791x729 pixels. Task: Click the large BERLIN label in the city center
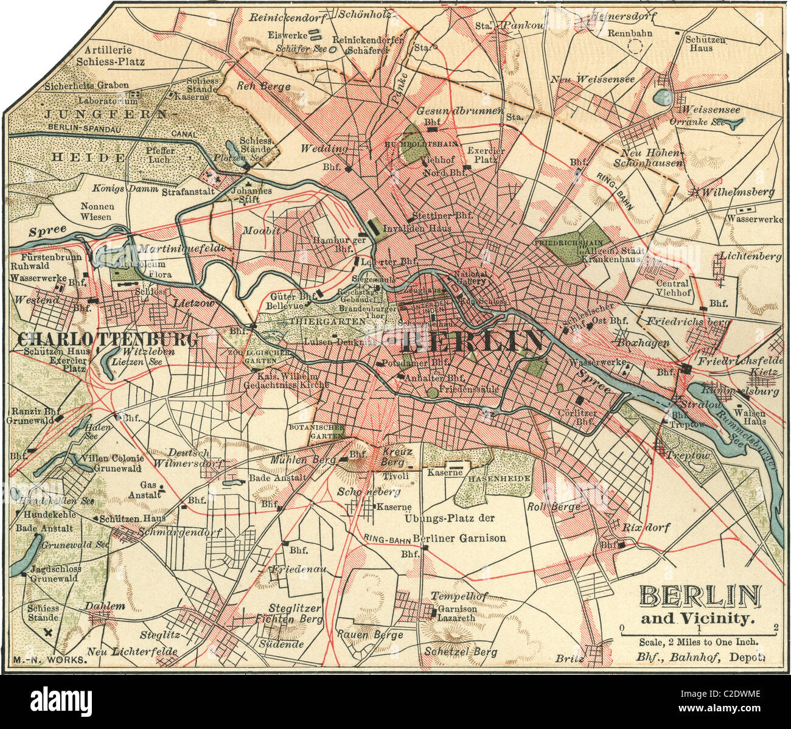472,341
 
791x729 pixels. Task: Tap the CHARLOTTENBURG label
108,339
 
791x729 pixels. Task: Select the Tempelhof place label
451,596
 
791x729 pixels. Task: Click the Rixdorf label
645,528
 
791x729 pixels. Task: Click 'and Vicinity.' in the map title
698,618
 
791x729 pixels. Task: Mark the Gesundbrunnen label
459,111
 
